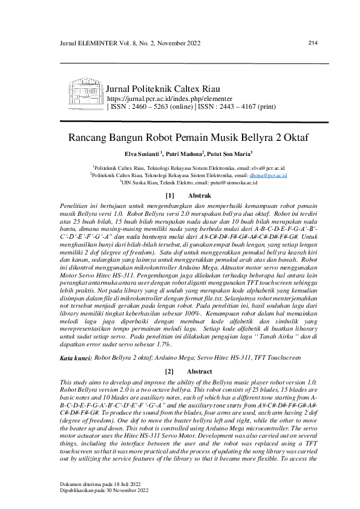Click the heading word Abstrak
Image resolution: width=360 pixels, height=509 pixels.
pyautogui.click(x=199, y=196)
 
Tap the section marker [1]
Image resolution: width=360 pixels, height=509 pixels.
pyautogui.click(x=169, y=196)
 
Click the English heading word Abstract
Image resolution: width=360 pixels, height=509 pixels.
pyautogui.click(x=200, y=371)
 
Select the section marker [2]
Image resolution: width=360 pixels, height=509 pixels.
pyautogui.click(x=169, y=371)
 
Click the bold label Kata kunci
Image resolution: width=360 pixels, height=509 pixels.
pyautogui.click(x=76, y=358)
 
